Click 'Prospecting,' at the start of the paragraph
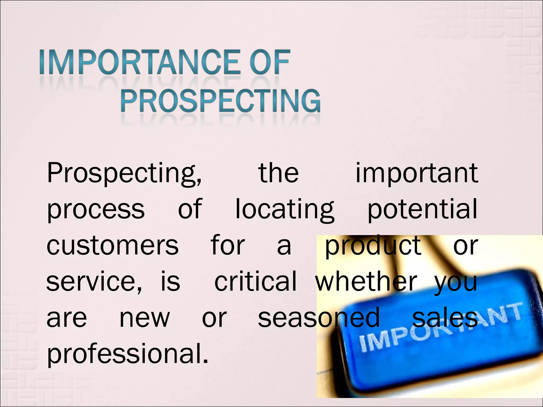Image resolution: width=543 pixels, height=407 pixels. click(124, 174)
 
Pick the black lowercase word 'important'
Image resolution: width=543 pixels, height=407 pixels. click(417, 174)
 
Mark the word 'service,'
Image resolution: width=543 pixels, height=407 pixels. click(94, 281)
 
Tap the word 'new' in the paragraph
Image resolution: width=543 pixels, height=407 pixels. click(144, 318)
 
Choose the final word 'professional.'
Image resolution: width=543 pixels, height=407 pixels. click(128, 354)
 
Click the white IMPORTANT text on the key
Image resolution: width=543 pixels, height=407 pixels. click(440, 328)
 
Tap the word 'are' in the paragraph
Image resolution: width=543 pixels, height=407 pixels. click(67, 318)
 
